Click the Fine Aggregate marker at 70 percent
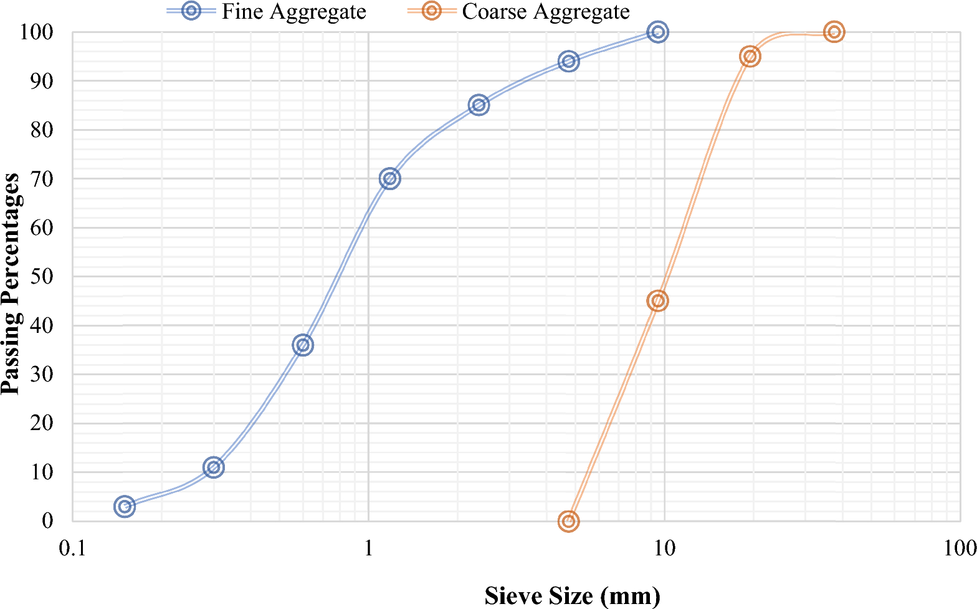coord(389,179)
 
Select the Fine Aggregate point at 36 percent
coord(303,345)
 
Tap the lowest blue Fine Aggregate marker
coord(125,506)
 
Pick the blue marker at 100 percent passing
coord(657,32)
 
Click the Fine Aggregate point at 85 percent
coord(479,105)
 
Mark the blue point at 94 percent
coord(568,61)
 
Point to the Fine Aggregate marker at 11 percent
coord(214,468)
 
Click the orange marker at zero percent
coord(568,520)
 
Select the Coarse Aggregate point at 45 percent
coord(657,301)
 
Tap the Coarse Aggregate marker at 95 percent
coord(750,57)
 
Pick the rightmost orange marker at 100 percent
coord(834,32)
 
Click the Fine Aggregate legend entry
coord(293,12)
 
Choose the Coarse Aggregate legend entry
coord(545,12)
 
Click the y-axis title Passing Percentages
coord(11,284)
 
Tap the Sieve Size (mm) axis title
coord(572,596)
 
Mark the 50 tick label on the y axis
coord(42,276)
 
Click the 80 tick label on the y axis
coord(42,130)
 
